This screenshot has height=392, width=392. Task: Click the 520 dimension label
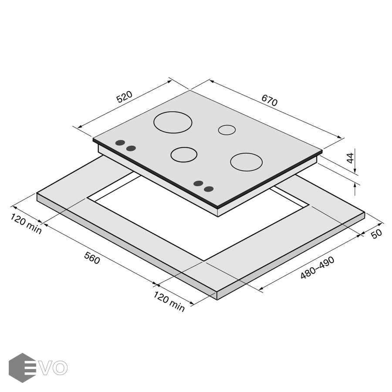click(124, 97)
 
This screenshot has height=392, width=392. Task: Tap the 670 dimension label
click(270, 100)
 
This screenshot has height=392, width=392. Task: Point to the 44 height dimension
click(351, 158)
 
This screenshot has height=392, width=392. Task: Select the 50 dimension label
click(376, 234)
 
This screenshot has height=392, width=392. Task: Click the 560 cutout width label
click(92, 258)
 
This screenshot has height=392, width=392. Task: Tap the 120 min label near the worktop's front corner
click(169, 301)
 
